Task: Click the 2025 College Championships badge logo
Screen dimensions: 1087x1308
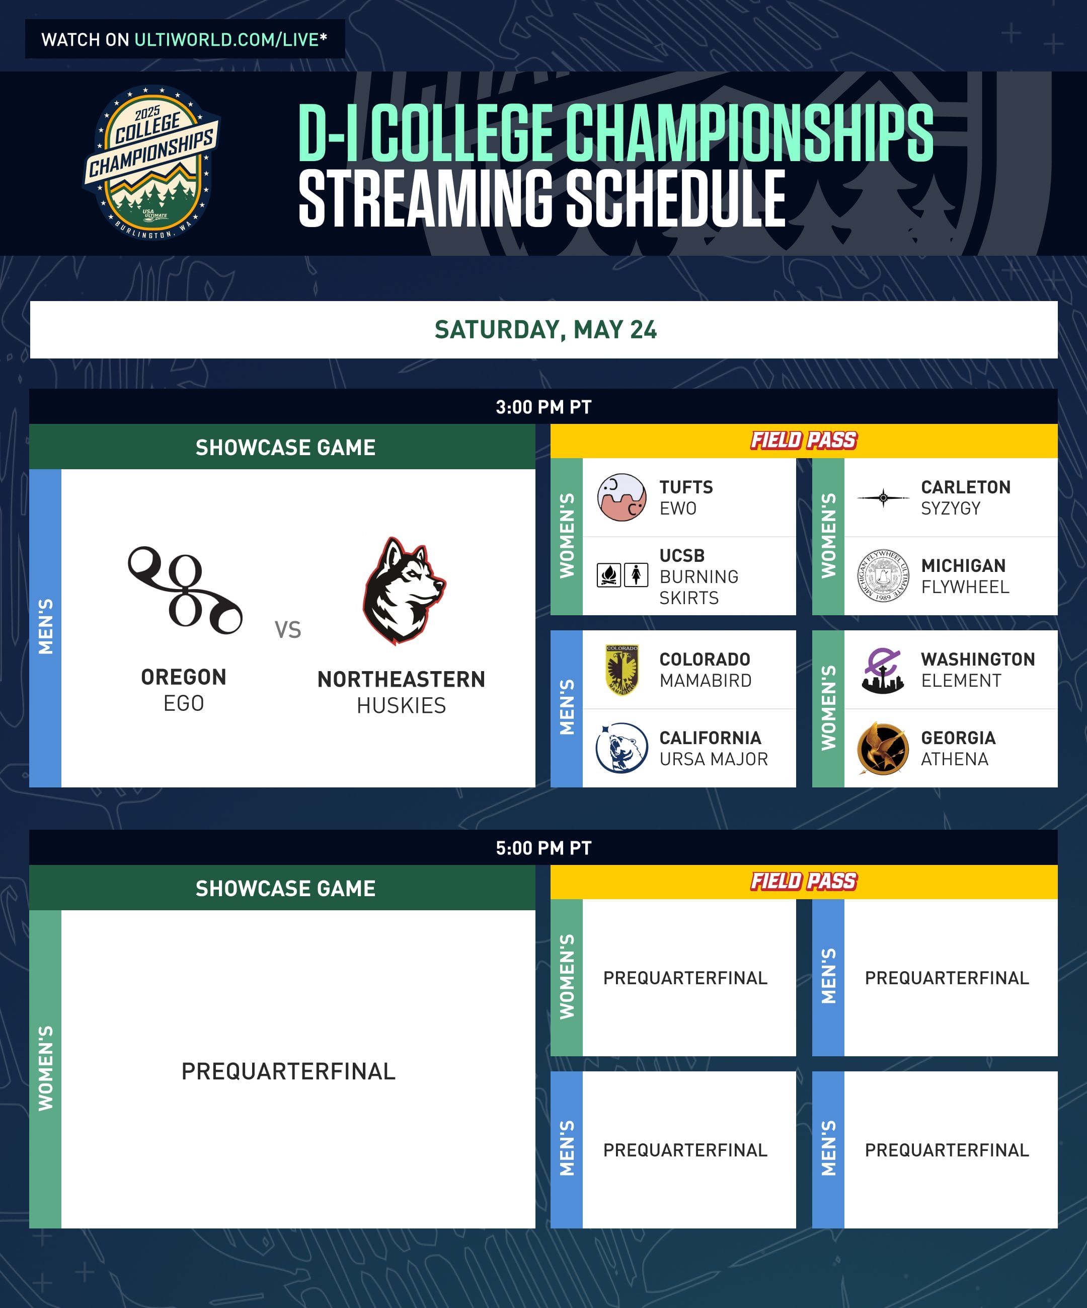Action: pos(151,163)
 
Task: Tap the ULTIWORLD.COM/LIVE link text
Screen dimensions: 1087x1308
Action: pos(226,40)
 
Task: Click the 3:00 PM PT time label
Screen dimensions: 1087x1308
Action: pos(543,407)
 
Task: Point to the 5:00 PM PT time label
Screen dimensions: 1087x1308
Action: pos(543,848)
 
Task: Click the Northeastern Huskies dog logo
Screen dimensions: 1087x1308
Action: pos(404,591)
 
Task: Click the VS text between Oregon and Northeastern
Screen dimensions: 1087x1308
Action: pos(288,630)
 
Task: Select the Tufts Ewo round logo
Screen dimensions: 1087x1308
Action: pos(622,497)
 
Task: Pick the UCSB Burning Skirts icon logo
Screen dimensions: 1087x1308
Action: pos(622,575)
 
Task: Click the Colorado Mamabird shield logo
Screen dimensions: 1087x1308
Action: pos(622,670)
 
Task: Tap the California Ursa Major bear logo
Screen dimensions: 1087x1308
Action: pos(622,748)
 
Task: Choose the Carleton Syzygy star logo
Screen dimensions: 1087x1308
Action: pos(883,497)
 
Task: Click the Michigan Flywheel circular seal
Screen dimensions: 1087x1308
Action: pos(883,575)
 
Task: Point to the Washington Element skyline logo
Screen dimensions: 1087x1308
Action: pos(883,670)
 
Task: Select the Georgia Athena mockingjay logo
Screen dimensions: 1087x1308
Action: pos(882,748)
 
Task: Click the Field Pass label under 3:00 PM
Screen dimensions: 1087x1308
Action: pos(804,441)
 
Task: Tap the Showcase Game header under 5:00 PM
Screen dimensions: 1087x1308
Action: pos(286,888)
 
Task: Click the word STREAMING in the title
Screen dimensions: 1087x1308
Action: pos(426,199)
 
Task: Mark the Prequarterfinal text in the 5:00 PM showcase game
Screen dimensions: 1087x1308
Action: pos(288,1071)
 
